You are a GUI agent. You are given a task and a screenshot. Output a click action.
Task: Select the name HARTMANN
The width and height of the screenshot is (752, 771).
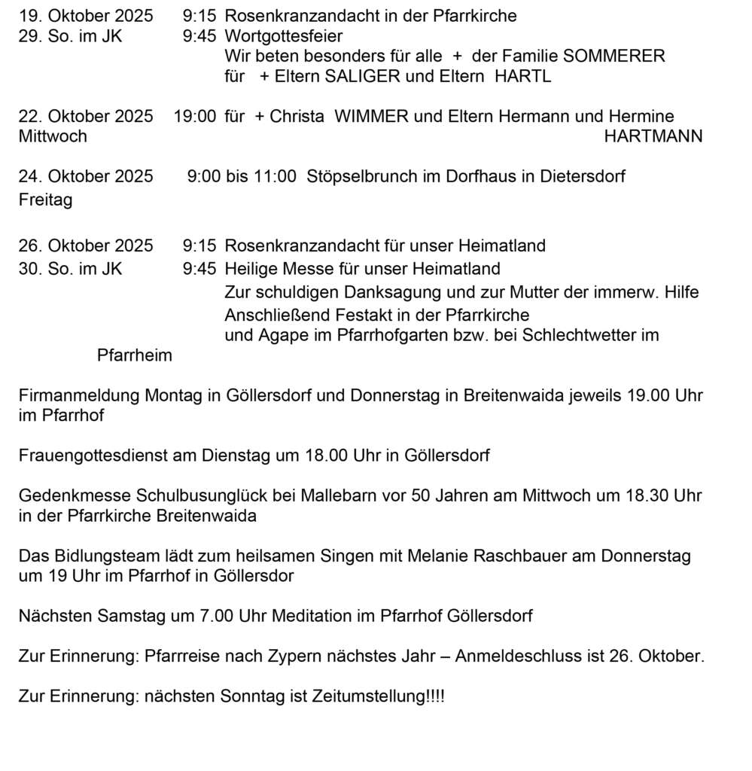pos(653,136)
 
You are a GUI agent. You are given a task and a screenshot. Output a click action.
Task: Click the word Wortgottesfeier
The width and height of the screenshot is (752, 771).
pos(283,36)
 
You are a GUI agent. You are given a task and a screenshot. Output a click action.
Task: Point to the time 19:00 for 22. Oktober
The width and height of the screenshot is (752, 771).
pos(195,117)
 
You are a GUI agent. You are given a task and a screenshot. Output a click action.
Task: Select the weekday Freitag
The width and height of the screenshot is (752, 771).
pos(45,201)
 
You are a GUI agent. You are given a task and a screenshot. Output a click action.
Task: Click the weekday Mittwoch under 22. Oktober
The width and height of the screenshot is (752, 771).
pos(53,136)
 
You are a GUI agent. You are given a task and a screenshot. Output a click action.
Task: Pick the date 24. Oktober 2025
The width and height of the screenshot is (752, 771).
pos(85,177)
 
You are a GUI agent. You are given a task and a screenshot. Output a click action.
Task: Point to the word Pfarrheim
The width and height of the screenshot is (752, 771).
pos(135,355)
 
